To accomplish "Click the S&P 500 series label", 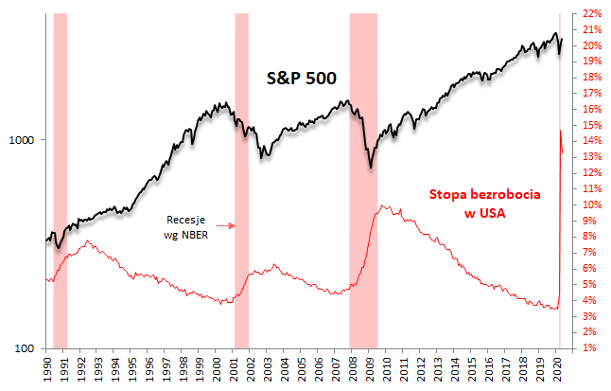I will (x=301, y=79).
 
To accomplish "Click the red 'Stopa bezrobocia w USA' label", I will (x=485, y=203).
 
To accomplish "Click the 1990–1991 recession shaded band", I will (x=61, y=180).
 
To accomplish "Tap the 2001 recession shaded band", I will (x=241, y=180).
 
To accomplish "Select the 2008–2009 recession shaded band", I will (x=363, y=180).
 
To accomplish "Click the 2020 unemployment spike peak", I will (x=561, y=131).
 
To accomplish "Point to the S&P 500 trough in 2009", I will (x=371, y=168).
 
